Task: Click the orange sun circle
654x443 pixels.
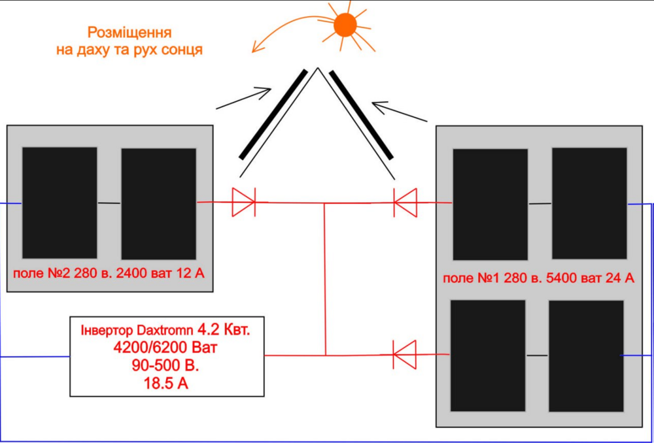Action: (x=345, y=25)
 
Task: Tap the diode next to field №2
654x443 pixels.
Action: (x=243, y=202)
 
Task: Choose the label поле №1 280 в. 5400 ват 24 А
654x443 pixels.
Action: (x=538, y=278)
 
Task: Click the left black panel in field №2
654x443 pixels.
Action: (x=60, y=203)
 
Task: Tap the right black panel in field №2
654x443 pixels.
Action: (x=158, y=204)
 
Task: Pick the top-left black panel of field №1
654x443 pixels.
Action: (x=490, y=205)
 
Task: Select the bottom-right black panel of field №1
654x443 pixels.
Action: (x=586, y=355)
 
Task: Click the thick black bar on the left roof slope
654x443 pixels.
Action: (x=273, y=114)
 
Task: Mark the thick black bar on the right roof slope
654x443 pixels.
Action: (x=361, y=114)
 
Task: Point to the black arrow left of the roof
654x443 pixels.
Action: (x=245, y=97)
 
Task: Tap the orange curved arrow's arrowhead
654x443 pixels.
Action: (x=257, y=48)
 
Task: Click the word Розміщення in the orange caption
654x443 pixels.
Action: (x=129, y=32)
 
